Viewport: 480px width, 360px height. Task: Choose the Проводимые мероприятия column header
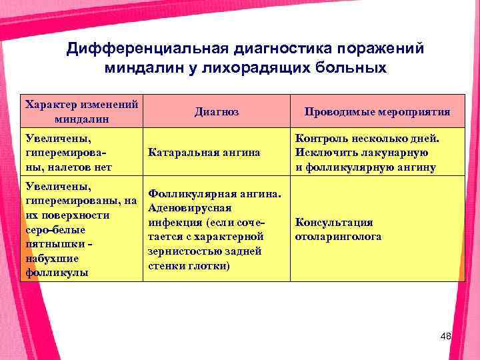[377, 113]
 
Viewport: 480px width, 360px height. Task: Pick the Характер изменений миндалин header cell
[81, 112]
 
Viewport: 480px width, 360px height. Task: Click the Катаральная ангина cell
[203, 153]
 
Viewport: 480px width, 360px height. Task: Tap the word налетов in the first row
[70, 167]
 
